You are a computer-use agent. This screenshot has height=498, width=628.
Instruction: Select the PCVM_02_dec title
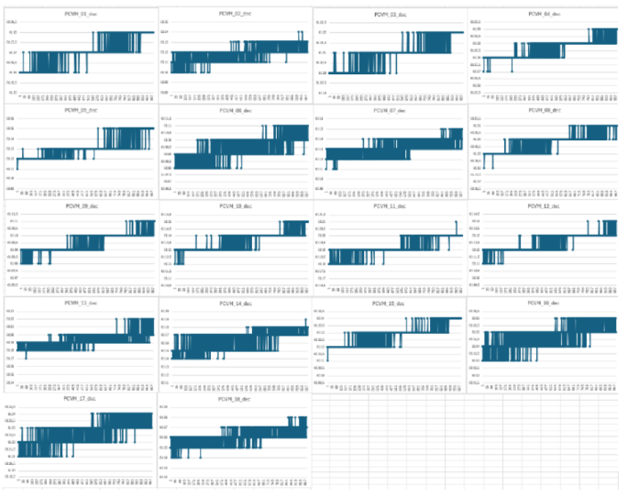pyautogui.click(x=236, y=15)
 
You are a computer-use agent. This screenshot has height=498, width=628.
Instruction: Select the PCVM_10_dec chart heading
pyautogui.click(x=236, y=206)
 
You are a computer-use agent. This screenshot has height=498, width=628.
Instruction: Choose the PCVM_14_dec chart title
pyautogui.click(x=236, y=303)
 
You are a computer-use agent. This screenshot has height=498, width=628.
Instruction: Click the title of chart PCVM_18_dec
pyautogui.click(x=236, y=399)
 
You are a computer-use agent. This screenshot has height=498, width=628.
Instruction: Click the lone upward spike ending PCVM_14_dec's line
pyautogui.click(x=305, y=320)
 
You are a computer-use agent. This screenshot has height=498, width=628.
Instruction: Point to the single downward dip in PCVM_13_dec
pyautogui.click(x=26, y=355)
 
